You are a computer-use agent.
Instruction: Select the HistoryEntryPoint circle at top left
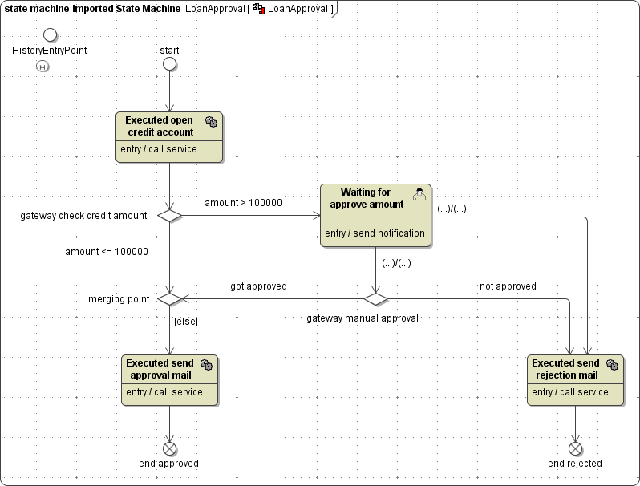click(x=50, y=34)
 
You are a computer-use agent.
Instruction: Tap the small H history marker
click(x=43, y=67)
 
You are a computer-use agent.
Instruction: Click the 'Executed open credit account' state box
click(x=168, y=137)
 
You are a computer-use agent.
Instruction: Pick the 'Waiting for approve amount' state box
click(x=375, y=215)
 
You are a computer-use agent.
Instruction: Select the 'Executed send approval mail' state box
click(x=169, y=380)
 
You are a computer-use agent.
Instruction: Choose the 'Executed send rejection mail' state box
click(x=575, y=380)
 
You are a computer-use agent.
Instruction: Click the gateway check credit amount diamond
click(x=169, y=215)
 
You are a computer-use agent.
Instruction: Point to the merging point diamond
click(x=169, y=299)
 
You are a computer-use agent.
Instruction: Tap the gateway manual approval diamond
click(x=375, y=299)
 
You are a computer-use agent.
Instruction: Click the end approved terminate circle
click(x=169, y=448)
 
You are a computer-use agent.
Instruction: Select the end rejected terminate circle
click(x=575, y=448)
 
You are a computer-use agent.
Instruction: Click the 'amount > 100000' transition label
click(x=243, y=203)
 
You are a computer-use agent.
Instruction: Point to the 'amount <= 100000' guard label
click(x=107, y=252)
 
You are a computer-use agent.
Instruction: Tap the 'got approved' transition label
click(x=258, y=286)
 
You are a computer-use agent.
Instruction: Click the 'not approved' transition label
click(x=508, y=286)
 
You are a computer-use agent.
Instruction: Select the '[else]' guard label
click(x=185, y=321)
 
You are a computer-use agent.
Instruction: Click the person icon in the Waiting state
click(x=419, y=195)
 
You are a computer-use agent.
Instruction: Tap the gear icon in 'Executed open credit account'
click(x=211, y=121)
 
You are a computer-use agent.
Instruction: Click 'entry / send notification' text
click(x=375, y=233)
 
